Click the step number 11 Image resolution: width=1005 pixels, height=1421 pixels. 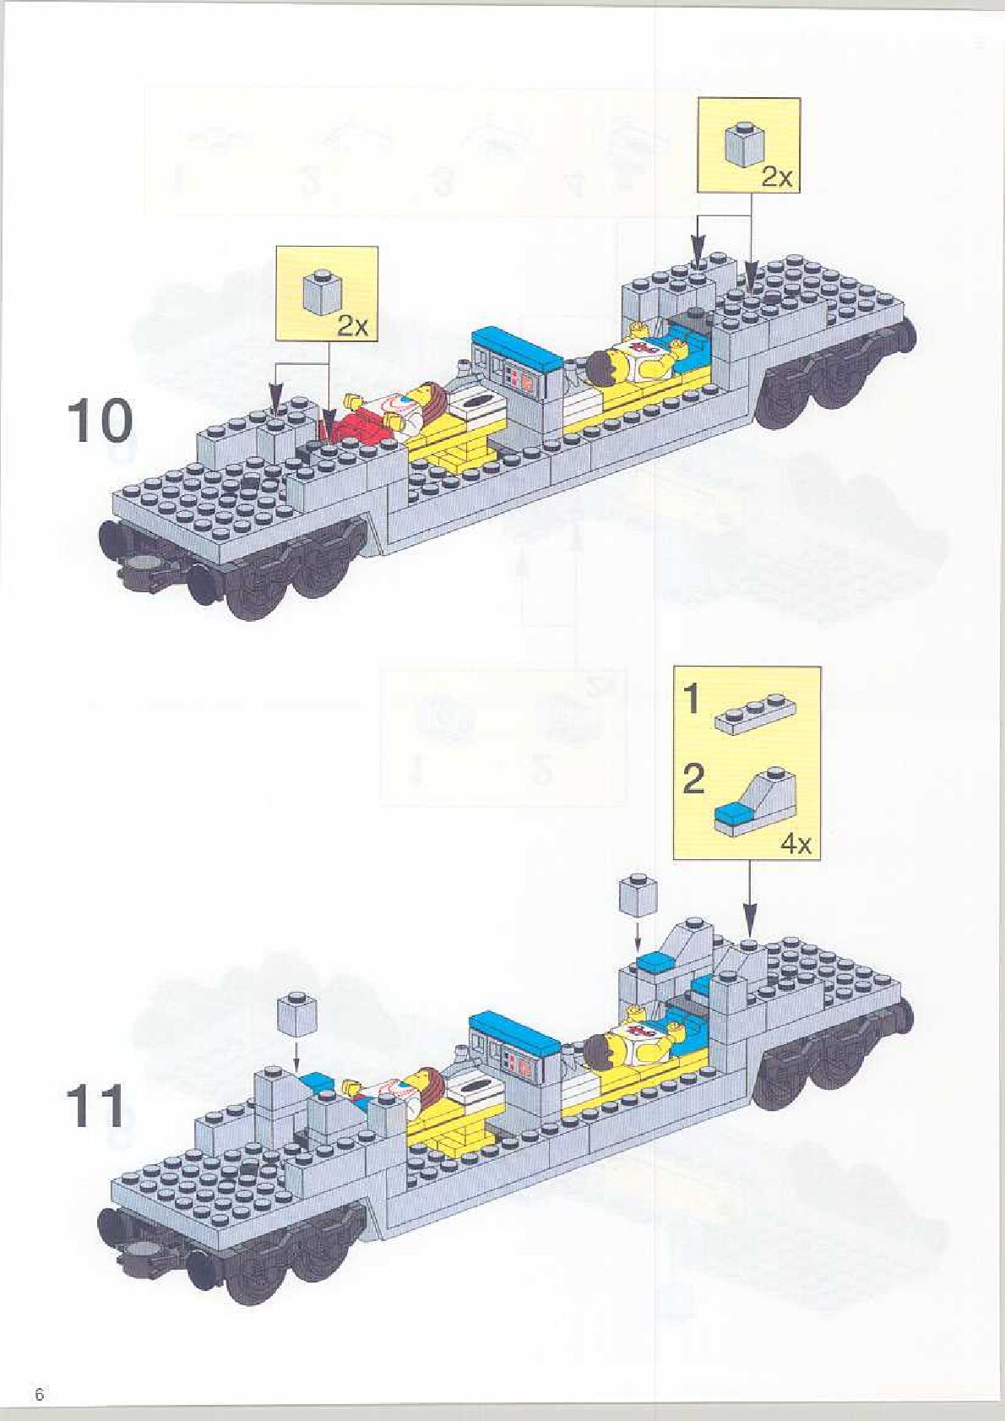point(95,1107)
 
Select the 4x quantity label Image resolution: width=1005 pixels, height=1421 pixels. point(795,844)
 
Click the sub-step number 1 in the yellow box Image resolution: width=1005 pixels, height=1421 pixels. point(691,699)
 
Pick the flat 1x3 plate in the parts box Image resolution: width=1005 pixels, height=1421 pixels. point(755,711)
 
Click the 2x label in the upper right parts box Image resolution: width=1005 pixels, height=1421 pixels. point(777,177)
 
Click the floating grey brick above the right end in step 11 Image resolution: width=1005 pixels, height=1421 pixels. point(637,897)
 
